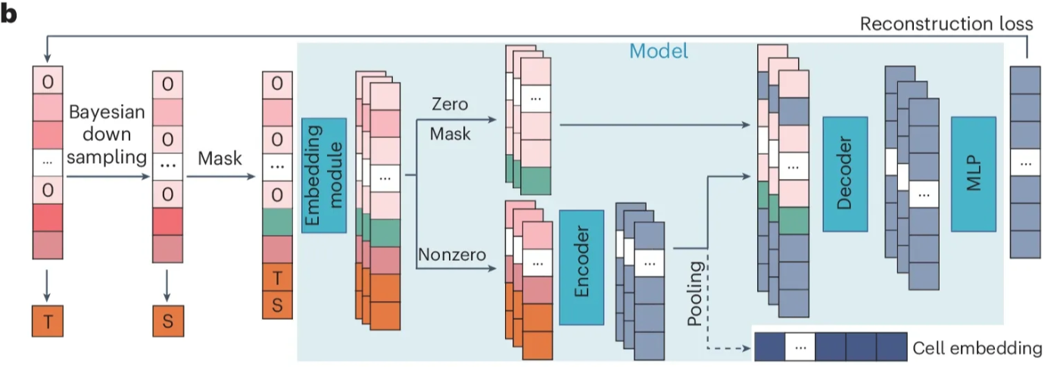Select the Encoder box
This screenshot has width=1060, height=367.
click(581, 267)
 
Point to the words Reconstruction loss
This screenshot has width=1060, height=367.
click(946, 24)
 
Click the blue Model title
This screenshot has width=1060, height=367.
click(659, 52)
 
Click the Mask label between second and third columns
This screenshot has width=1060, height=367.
click(219, 159)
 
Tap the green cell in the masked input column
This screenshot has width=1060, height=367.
click(278, 221)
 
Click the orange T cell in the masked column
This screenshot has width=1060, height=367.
click(278, 278)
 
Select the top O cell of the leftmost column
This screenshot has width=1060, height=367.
click(48, 80)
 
